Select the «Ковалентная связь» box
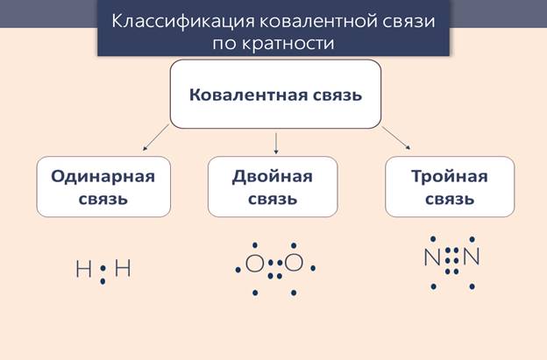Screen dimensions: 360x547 pyautogui.click(x=275, y=95)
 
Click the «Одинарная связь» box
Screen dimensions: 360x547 pyautogui.click(x=103, y=187)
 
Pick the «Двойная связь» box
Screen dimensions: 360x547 pyautogui.click(x=272, y=187)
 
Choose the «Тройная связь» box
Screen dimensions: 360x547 pyautogui.click(x=450, y=187)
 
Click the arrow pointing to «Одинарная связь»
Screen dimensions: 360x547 pyautogui.click(x=157, y=137)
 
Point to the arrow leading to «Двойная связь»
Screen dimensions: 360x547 pyautogui.click(x=276, y=141)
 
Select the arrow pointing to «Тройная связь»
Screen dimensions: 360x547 pyautogui.click(x=395, y=138)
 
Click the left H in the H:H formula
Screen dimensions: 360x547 pyautogui.click(x=83, y=269)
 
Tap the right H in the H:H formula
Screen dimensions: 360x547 pyautogui.click(x=123, y=269)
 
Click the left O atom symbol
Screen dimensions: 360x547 pyautogui.click(x=254, y=263)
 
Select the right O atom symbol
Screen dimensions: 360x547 pyautogui.click(x=294, y=263)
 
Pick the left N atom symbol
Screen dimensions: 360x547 pyautogui.click(x=431, y=258)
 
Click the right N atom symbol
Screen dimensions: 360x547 pyautogui.click(x=472, y=258)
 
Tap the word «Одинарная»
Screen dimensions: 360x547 pyautogui.click(x=103, y=175)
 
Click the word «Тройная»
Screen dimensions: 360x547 pyautogui.click(x=450, y=175)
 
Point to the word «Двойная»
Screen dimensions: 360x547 pyautogui.click(x=272, y=175)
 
